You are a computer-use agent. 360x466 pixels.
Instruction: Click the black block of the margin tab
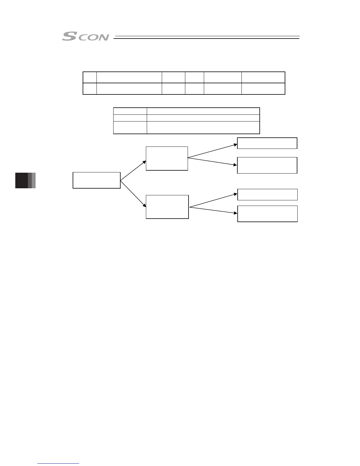21,180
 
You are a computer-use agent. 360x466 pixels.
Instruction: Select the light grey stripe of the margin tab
34,180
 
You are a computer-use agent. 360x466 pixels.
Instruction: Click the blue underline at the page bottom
58,463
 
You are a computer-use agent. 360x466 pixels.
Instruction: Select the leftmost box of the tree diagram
96,180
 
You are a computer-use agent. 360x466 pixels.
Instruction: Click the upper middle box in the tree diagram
167,158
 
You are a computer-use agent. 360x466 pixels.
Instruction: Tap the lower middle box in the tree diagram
167,207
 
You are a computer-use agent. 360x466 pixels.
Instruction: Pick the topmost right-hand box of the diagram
267,143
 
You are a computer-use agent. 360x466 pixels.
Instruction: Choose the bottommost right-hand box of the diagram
267,214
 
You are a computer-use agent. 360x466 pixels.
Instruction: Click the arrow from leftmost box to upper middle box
133,170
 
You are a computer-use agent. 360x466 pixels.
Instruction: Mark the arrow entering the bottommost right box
214,210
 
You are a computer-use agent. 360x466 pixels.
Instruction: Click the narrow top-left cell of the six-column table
90,77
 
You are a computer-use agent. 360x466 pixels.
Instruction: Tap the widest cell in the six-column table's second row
129,89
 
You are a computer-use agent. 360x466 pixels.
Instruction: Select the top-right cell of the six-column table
263,77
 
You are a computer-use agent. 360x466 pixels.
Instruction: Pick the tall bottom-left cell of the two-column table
130,128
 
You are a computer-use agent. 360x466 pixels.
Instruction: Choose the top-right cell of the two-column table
203,111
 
